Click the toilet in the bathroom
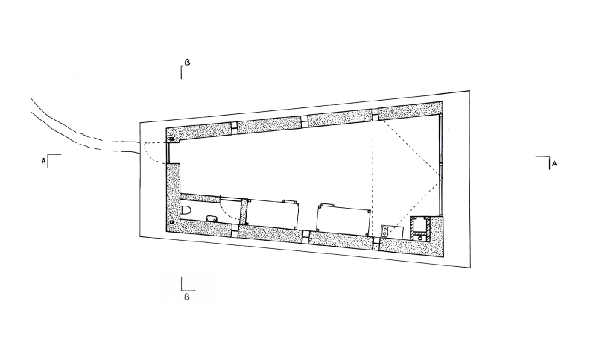[186, 211]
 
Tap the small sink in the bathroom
[212, 218]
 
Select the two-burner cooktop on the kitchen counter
[385, 231]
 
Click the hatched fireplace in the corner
[420, 230]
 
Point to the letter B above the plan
[187, 62]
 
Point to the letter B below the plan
[187, 297]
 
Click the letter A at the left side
[43, 161]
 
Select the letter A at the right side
[554, 163]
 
